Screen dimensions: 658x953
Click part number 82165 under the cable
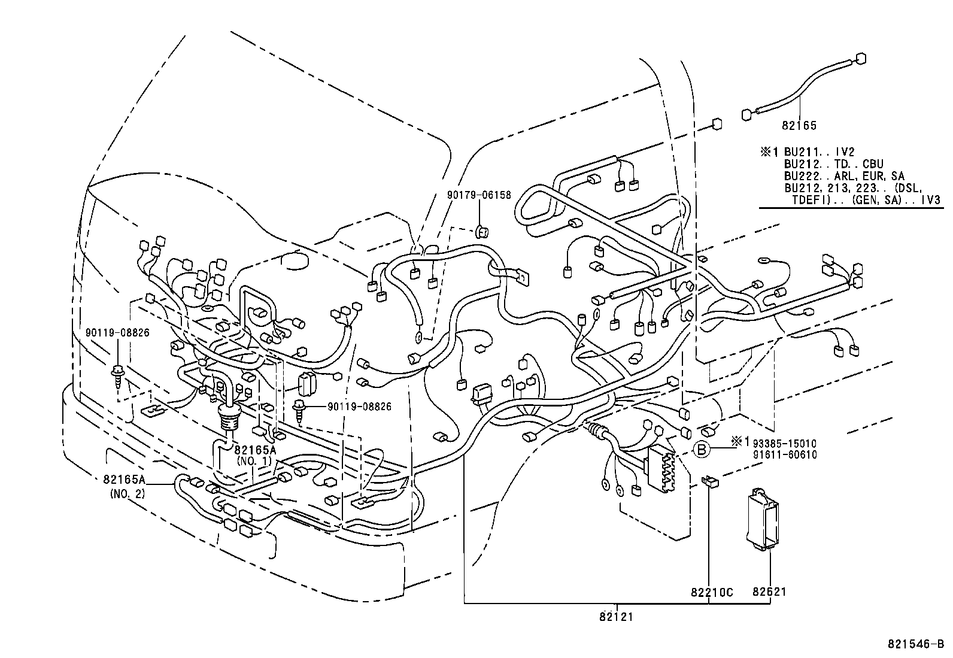[x=799, y=126]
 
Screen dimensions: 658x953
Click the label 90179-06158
[x=479, y=195]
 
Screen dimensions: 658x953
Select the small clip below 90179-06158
[x=481, y=231]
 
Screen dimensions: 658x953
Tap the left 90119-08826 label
[x=117, y=333]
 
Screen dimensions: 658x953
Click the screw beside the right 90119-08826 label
[x=299, y=408]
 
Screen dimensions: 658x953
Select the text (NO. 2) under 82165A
[x=127, y=494]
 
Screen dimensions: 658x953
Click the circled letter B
[x=702, y=450]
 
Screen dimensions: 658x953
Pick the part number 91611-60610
[x=784, y=454]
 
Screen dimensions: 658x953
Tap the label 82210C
[x=711, y=592]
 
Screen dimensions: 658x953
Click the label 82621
[x=769, y=592]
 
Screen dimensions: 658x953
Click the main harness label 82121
[x=616, y=616]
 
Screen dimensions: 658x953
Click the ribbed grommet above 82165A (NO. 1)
[x=229, y=418]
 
